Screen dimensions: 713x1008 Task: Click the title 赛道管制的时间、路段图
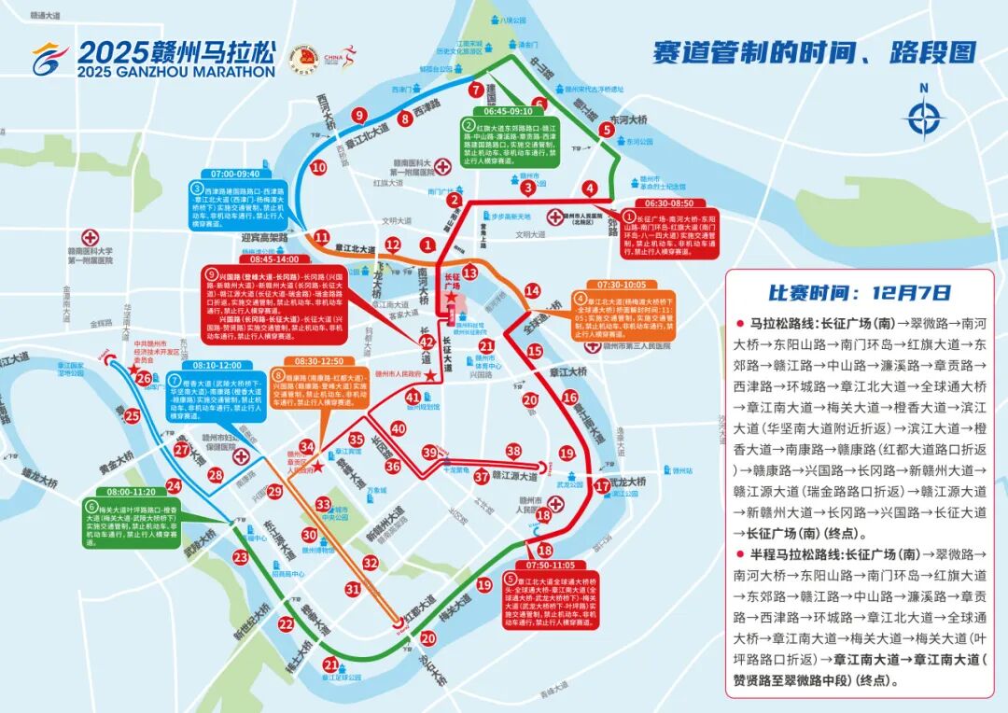click(814, 50)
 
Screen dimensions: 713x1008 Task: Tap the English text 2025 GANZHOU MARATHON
click(177, 72)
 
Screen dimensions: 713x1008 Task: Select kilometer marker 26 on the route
click(143, 378)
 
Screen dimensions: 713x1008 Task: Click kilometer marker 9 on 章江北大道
click(358, 116)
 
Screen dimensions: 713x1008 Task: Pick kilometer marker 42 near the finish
click(427, 343)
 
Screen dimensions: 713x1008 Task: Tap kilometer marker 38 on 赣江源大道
click(513, 451)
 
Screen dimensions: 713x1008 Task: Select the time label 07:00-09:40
click(236, 174)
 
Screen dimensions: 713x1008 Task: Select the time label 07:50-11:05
click(551, 566)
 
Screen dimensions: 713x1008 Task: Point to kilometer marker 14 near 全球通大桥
click(532, 290)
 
